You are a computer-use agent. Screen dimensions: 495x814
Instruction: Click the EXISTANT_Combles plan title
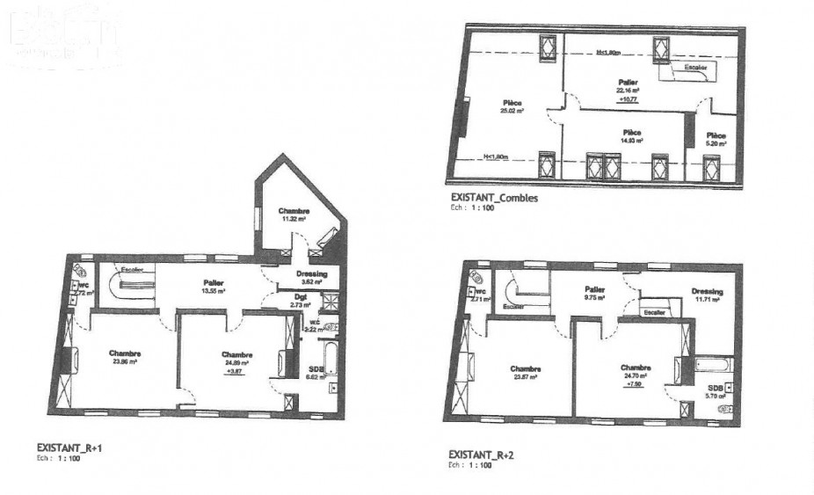(x=493, y=199)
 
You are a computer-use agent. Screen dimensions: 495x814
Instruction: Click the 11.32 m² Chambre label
(x=294, y=216)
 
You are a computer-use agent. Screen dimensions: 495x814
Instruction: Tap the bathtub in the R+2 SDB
(x=713, y=363)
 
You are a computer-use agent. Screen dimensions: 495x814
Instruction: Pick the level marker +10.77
(x=628, y=99)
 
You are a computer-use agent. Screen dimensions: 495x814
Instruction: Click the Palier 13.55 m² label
(x=211, y=286)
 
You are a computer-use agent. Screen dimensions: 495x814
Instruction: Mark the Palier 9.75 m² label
(x=595, y=293)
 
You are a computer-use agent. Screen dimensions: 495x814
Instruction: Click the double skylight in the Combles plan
(x=602, y=164)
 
